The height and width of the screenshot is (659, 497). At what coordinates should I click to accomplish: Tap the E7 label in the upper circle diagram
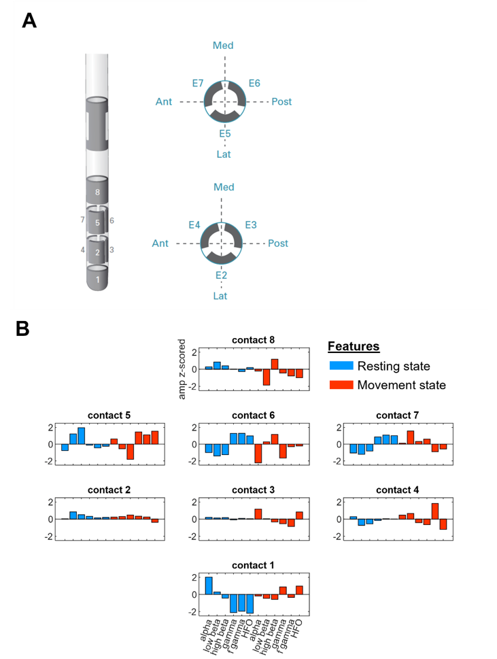[x=197, y=83]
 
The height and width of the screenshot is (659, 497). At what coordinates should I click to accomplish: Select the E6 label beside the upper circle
[x=254, y=83]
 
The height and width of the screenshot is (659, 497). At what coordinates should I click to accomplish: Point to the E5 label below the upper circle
[x=225, y=133]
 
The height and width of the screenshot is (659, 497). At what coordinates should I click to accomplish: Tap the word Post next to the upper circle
[x=281, y=101]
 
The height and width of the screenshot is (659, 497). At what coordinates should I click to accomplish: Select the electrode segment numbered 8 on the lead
[x=98, y=191]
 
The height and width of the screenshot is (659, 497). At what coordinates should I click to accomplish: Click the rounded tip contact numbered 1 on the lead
[x=98, y=279]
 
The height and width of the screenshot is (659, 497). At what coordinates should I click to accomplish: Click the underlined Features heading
[x=354, y=346]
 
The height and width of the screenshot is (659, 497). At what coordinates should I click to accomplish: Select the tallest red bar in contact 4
[x=434, y=511]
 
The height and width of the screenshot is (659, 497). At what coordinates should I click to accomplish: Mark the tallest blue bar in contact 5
[x=81, y=435]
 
